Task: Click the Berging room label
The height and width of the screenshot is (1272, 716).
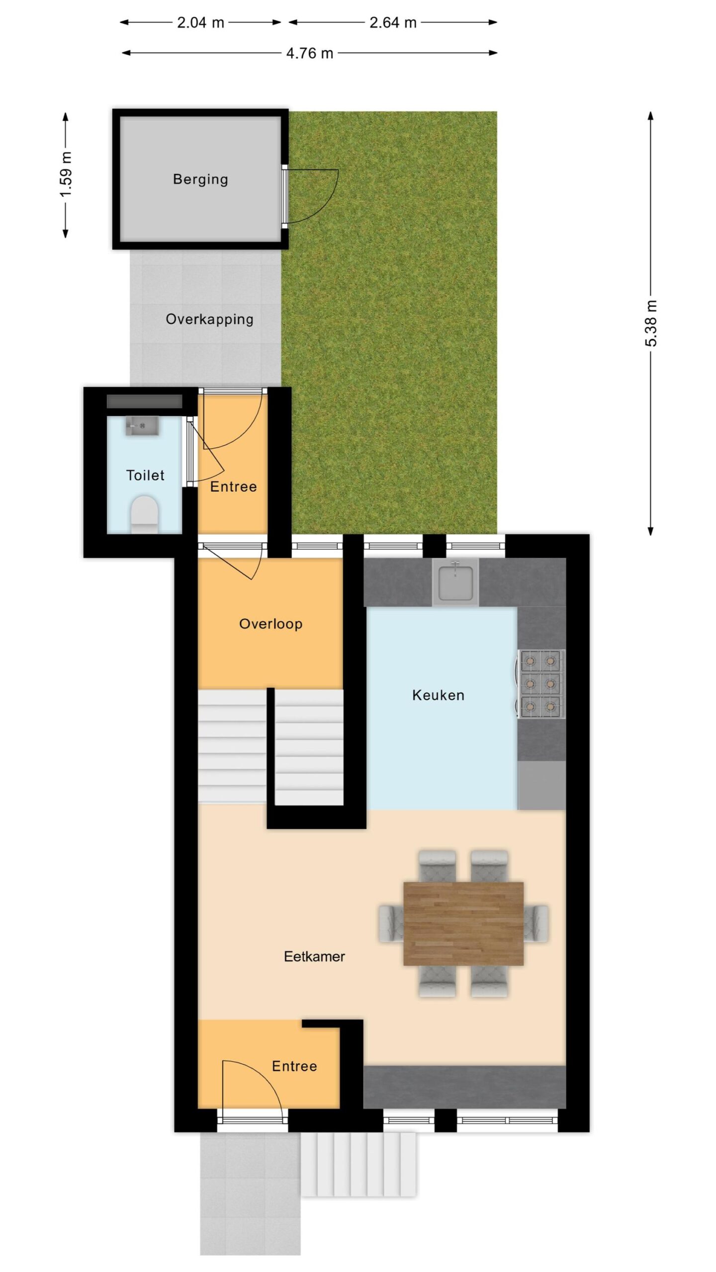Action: [200, 179]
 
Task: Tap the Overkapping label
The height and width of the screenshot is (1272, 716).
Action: [209, 319]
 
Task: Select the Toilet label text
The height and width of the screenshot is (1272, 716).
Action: [145, 475]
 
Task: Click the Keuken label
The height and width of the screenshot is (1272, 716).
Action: [438, 695]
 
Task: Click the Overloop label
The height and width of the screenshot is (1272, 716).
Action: [270, 624]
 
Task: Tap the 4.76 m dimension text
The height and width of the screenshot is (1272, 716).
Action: [309, 53]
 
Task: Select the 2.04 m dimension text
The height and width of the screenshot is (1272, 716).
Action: [200, 22]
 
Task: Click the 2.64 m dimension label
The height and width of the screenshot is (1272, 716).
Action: [393, 22]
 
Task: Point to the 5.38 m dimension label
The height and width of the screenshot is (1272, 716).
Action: [651, 323]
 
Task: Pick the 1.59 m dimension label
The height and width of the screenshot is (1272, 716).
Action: [66, 174]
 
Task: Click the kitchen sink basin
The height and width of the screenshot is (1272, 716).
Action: [455, 581]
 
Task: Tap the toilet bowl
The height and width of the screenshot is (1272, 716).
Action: [144, 514]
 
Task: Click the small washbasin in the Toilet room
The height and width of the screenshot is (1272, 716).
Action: [142, 426]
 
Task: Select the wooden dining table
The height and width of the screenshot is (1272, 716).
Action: [463, 924]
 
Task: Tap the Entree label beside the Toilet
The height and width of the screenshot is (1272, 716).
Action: [233, 486]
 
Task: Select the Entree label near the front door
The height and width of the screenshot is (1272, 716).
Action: [294, 1066]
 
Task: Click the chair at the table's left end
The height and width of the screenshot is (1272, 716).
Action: [391, 923]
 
